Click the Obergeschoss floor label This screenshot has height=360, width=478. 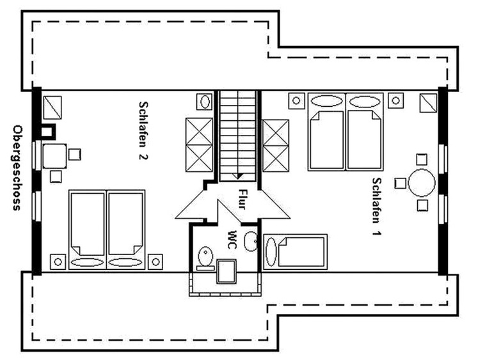17,168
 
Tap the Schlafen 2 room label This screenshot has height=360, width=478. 143,130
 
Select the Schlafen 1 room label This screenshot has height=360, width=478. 377,207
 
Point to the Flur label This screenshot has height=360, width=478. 242,200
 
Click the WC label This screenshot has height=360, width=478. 232,240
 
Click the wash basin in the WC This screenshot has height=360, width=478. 251,242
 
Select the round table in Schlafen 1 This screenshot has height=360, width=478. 422,183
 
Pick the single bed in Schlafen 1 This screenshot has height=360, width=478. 295,252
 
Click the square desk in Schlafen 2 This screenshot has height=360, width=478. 54,156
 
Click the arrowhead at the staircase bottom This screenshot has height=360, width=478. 238,176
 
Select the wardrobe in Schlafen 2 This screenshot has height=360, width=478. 199,145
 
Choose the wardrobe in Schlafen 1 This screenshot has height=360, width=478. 276,146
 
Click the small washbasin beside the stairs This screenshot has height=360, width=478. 204,101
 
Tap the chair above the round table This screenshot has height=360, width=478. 422,159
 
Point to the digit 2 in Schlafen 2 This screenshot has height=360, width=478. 143,157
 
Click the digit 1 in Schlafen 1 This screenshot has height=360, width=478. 377,233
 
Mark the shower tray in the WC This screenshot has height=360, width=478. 226,271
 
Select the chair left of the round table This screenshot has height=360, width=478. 401,184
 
